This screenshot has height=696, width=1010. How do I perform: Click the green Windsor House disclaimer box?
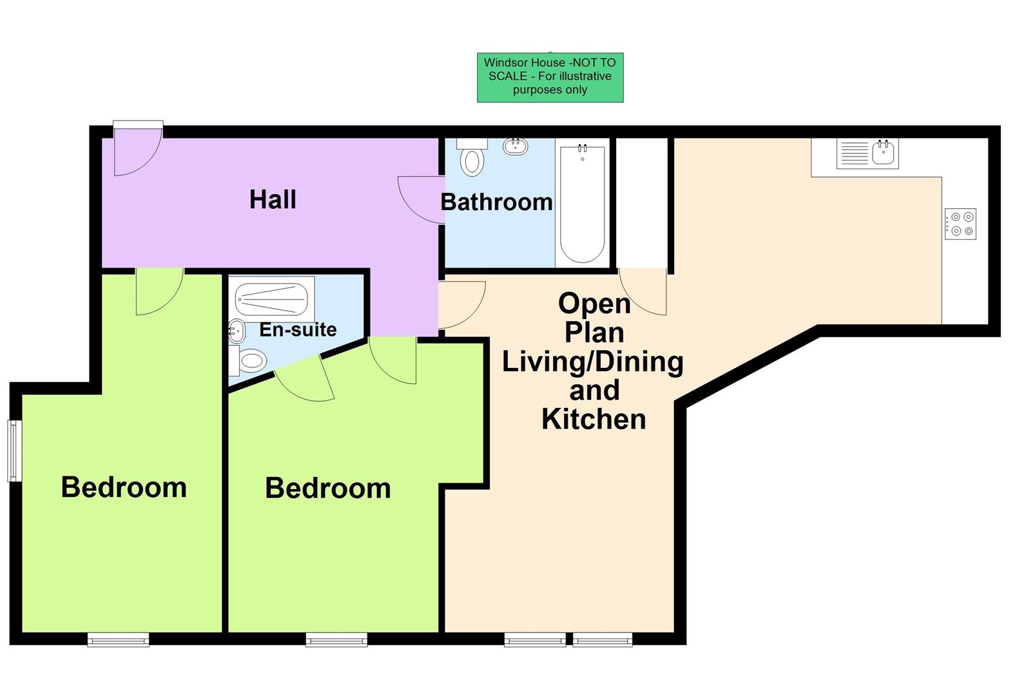(550, 77)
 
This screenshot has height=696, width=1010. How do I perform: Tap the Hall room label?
(273, 199)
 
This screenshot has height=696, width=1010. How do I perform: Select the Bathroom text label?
(496, 202)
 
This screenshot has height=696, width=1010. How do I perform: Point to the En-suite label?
(298, 329)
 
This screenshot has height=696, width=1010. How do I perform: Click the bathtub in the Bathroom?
(582, 203)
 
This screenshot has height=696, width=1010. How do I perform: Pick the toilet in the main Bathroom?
(472, 158)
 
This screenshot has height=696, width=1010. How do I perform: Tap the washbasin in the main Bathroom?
(516, 146)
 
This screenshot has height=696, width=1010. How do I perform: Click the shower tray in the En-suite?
(273, 299)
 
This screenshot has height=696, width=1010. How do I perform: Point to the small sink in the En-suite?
(237, 332)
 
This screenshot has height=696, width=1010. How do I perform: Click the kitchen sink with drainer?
(867, 154)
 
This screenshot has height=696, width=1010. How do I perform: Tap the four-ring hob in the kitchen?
(960, 224)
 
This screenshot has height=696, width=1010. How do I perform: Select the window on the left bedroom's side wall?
(14, 450)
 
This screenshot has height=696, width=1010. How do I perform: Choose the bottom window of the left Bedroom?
(118, 639)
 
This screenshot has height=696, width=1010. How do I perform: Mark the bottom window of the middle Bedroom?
(336, 639)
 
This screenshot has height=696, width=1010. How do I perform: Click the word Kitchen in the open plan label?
(594, 419)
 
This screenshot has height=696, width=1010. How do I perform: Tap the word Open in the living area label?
(594, 304)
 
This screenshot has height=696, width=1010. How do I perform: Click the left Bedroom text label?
(124, 487)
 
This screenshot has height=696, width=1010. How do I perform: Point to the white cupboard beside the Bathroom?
(642, 202)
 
